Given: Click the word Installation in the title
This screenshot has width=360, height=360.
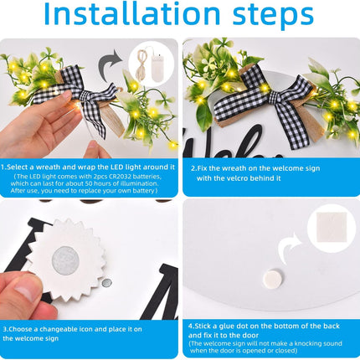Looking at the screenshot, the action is pos(132,13).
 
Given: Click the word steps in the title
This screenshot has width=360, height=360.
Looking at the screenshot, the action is pos(273,16).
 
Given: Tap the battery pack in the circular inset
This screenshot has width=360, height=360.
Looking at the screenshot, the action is pos(158,68).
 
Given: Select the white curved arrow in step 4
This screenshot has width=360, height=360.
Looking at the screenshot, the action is pos(289,248).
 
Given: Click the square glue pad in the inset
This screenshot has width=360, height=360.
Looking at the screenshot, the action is pos(332,227).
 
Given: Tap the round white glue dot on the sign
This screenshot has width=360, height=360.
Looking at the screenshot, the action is pos(273,280).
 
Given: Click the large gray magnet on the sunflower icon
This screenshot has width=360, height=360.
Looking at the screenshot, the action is pos(65,261).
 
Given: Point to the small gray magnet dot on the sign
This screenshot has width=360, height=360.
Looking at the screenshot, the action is pos(106,283).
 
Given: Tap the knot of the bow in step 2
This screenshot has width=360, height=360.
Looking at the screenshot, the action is pos(274,97).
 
